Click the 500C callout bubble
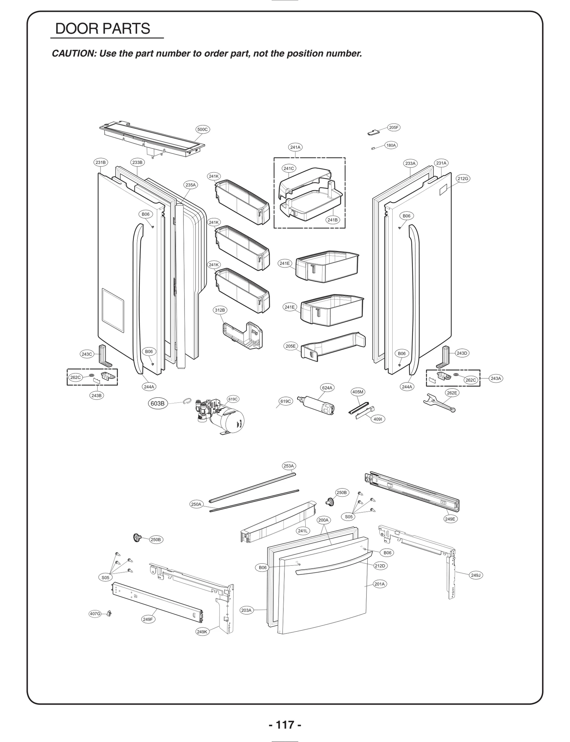point(202,130)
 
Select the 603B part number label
point(157,403)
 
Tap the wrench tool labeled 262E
point(439,404)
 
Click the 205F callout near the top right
point(394,127)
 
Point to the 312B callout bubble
point(220,310)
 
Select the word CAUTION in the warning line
point(73,54)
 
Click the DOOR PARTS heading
point(103,29)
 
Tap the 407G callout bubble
point(95,614)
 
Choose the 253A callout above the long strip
point(289,466)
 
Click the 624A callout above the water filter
point(327,388)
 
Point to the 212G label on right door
point(463,179)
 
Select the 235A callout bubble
point(190,185)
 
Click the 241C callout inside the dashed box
point(289,168)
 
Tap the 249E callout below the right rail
point(450,519)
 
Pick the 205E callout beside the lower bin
point(291,346)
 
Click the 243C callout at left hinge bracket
point(87,354)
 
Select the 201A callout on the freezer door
point(380,584)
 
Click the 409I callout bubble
point(378,419)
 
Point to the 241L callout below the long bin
point(303,531)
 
